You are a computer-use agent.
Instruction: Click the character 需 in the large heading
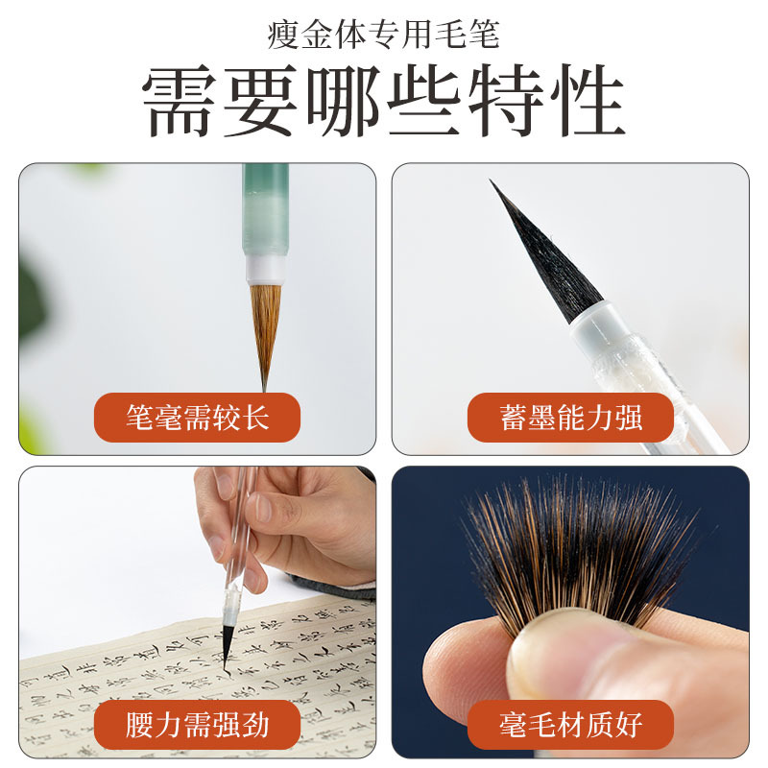[x=182, y=102]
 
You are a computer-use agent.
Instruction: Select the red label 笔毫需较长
[x=198, y=418]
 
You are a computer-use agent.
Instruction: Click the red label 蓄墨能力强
[x=570, y=418]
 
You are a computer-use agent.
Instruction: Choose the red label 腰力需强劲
[x=198, y=723]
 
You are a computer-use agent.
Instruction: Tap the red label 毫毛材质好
[x=570, y=723]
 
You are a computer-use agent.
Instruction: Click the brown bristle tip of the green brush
[x=265, y=326]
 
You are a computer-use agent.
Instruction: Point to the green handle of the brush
[x=266, y=206]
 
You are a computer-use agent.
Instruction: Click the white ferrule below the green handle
[x=266, y=269]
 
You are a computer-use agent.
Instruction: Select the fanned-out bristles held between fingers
[x=576, y=552]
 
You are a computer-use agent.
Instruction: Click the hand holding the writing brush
[x=288, y=523]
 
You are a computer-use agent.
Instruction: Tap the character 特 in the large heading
[x=505, y=102]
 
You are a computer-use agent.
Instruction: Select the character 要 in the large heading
[x=263, y=102]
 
